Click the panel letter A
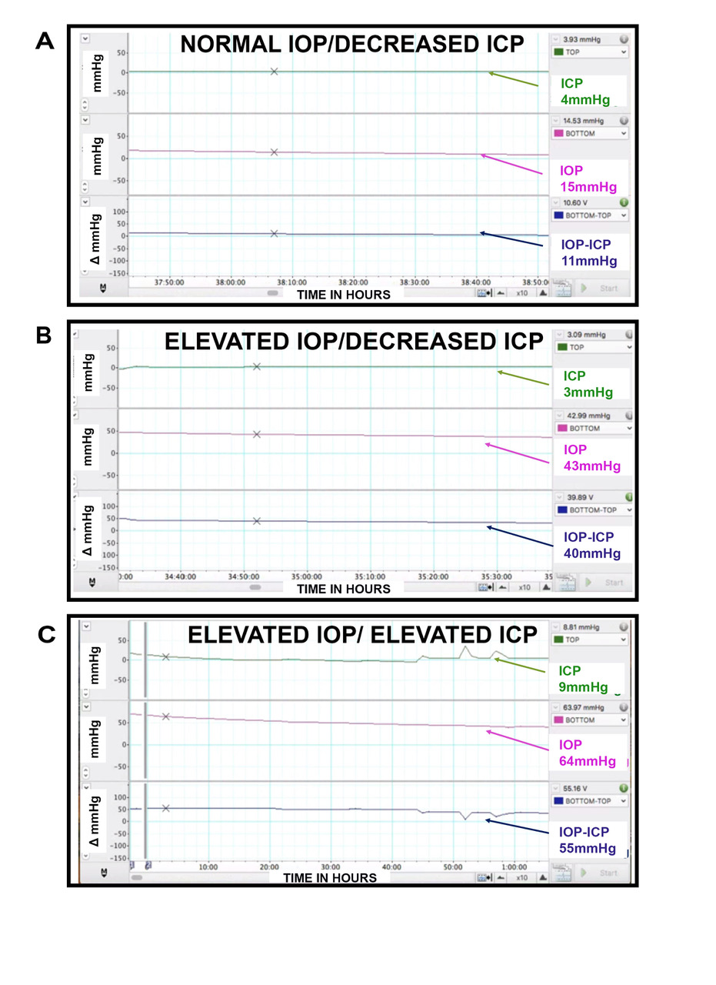pos(45,41)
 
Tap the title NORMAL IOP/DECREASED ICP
pos(351,44)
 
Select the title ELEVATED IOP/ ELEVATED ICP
pos(362,635)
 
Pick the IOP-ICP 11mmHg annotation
pos(588,252)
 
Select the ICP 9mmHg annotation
pos(584,679)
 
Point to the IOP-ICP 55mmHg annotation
pos(588,840)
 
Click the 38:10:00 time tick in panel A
pos(291,282)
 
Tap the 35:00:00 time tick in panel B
pos(305,576)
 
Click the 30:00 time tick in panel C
pos(330,866)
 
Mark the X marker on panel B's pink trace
pos(257,434)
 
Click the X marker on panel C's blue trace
pos(166,808)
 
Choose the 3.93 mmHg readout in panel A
pos(582,38)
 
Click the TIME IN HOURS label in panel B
pos(344,589)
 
